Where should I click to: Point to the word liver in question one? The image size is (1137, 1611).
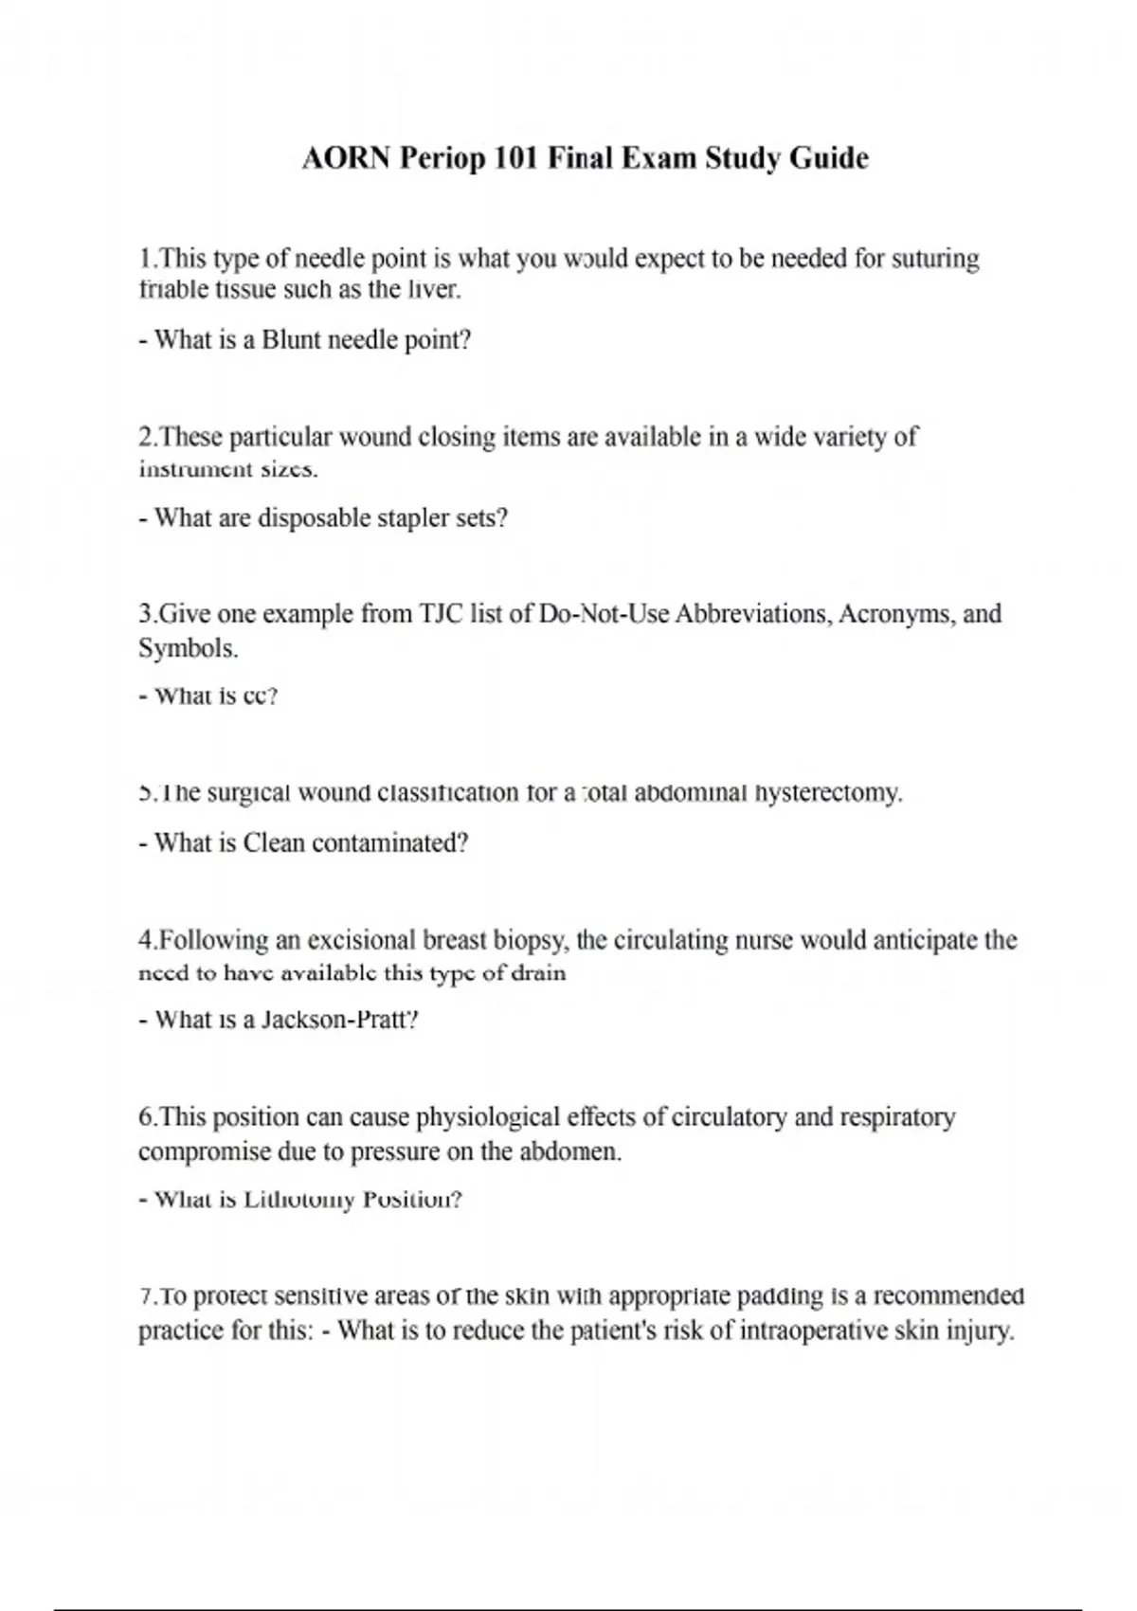435,290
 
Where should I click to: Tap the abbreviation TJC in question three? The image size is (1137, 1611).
442,614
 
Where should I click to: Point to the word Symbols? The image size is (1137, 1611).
188,649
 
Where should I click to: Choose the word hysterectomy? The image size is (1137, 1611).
827,792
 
